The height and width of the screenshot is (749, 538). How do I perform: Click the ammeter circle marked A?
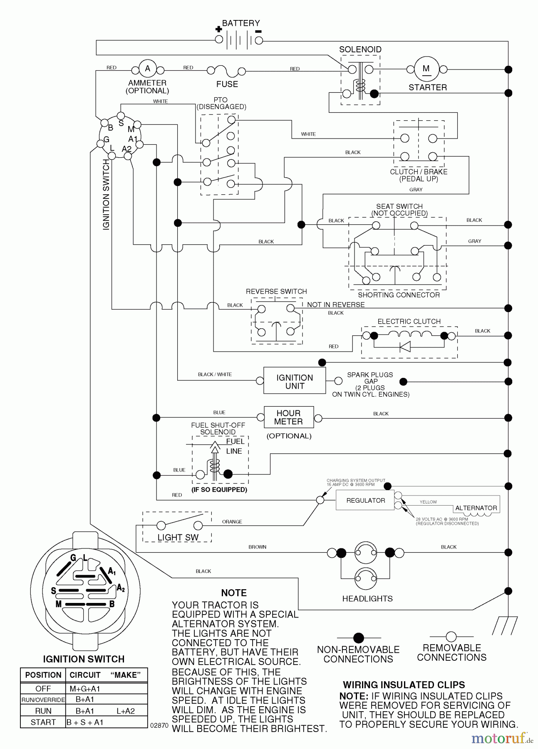[147, 69]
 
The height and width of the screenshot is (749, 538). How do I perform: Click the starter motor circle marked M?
[426, 69]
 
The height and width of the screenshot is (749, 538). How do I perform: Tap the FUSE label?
[227, 84]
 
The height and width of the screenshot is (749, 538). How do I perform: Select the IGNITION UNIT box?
[295, 381]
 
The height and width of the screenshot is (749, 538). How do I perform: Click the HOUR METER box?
[288, 417]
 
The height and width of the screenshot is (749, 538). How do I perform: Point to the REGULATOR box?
[365, 500]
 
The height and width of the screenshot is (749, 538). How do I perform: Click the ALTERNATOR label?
[476, 508]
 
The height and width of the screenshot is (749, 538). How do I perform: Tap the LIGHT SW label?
[178, 537]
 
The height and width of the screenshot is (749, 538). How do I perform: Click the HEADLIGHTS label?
[367, 598]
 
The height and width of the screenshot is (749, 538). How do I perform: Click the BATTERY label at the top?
[241, 23]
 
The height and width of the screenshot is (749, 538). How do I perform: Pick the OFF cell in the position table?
[43, 689]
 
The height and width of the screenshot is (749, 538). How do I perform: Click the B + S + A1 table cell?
[84, 722]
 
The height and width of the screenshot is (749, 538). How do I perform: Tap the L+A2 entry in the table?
[125, 711]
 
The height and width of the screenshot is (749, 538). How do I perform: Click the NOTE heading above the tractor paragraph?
[234, 593]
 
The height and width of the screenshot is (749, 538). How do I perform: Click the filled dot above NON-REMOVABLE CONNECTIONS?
[358, 637]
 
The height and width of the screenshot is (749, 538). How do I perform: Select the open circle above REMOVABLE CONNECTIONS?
[451, 636]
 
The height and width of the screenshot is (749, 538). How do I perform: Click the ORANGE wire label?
[232, 521]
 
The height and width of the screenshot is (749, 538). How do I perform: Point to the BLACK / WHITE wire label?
[215, 374]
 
